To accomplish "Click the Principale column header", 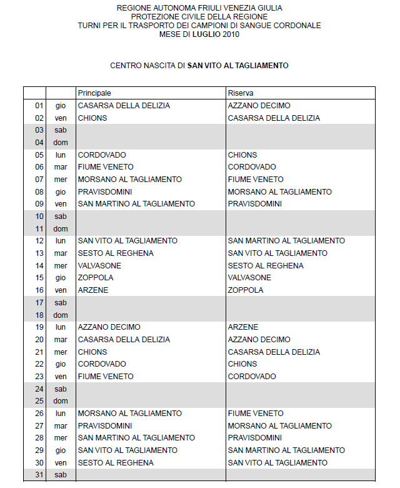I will pos(94,93).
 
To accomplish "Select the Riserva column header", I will pos(241,93).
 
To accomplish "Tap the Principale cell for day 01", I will pos(124,106).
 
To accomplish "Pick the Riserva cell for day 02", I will pos(274,118).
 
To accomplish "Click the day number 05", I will pos(39,155).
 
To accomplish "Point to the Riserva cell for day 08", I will pos(279,191).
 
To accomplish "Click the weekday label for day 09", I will pos(61,204).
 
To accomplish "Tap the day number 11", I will pos(39,228).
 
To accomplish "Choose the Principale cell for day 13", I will pos(116,253).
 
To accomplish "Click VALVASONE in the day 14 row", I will pos(99,265).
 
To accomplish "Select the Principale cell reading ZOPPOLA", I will pos(96,278).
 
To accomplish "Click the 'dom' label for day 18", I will pos(61,315).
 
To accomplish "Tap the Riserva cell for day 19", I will pos(243,327).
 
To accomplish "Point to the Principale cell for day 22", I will pos(102,364).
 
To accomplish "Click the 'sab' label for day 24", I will pos(61,389).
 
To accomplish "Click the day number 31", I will pos(39,475).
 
